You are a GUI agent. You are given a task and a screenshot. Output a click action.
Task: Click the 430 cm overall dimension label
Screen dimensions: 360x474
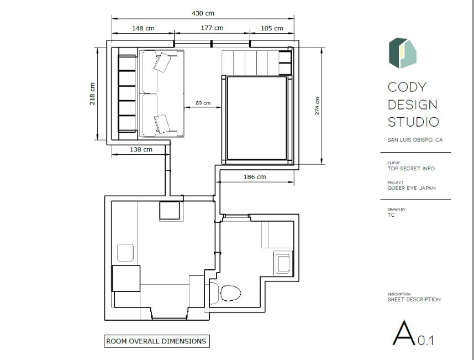(202, 13)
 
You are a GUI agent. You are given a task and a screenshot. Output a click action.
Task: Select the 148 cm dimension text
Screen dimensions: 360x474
(143, 28)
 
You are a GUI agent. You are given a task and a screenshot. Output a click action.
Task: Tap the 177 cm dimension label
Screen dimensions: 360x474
(212, 28)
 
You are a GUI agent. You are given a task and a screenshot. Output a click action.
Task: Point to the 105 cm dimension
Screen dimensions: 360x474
(271, 28)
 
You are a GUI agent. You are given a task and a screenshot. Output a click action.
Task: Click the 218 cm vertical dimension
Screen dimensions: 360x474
(92, 93)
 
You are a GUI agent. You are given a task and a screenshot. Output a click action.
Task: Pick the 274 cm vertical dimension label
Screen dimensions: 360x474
(317, 106)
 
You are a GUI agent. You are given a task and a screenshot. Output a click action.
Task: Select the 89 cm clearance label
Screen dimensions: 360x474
(203, 103)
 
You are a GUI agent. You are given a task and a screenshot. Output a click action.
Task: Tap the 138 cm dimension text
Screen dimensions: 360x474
(141, 149)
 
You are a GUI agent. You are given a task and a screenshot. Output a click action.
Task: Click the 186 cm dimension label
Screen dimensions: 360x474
(255, 177)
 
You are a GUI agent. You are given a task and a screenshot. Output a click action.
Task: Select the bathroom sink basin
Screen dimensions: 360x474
(283, 263)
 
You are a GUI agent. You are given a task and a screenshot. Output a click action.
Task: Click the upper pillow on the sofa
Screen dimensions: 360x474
(164, 62)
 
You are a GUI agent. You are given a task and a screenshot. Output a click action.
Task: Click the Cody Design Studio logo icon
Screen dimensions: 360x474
(402, 53)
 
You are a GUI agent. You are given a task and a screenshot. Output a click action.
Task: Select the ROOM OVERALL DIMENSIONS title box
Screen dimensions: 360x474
(157, 341)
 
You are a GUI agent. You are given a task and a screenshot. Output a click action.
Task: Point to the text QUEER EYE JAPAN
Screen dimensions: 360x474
(412, 188)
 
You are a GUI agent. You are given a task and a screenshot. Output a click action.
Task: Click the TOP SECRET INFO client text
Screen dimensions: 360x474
(411, 169)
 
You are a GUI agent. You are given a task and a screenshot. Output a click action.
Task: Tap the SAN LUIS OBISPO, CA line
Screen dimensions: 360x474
(415, 140)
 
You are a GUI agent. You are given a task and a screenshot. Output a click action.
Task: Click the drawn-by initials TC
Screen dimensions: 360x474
(391, 215)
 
